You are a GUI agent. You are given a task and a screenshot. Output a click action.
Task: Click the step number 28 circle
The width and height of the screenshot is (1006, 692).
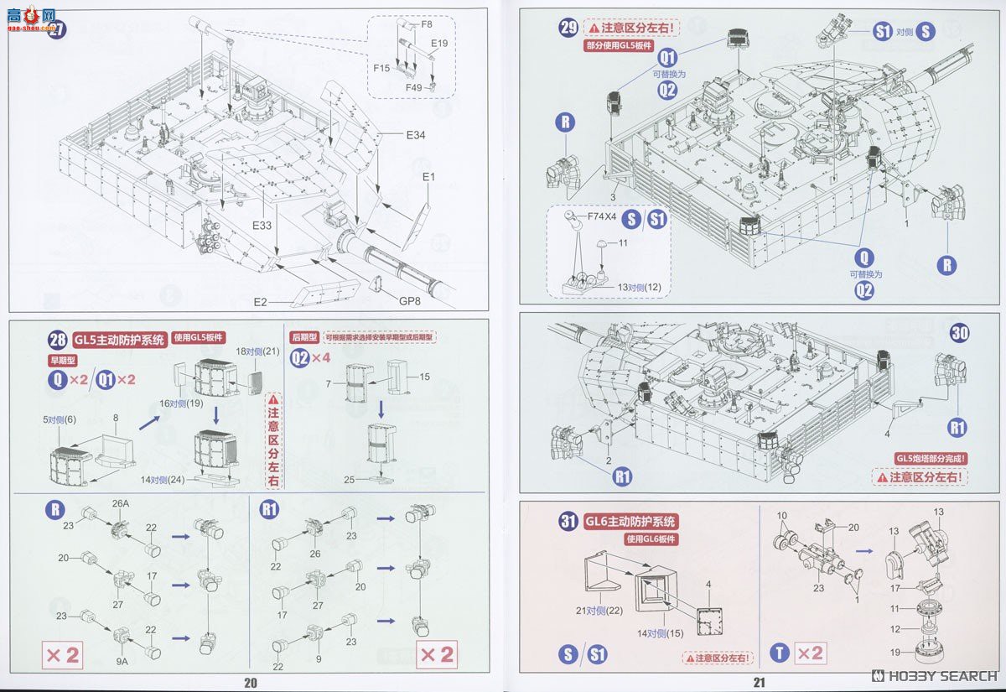(58, 340)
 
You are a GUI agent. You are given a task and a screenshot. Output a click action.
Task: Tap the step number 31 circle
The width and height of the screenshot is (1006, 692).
(568, 521)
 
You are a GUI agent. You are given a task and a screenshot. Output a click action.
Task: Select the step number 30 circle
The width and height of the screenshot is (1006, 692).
(960, 333)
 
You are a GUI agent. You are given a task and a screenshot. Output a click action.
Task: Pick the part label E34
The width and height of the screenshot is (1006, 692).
(416, 134)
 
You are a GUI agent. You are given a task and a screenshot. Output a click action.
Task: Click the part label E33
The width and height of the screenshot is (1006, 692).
(263, 226)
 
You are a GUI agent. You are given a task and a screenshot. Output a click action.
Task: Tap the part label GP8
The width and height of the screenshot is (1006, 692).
(410, 301)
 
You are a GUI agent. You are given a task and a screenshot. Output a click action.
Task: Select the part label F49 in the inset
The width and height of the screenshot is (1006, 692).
(414, 86)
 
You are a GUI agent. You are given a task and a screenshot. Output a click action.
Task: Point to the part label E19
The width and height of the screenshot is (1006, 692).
(439, 43)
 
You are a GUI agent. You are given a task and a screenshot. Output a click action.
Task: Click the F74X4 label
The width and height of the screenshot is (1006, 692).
(602, 216)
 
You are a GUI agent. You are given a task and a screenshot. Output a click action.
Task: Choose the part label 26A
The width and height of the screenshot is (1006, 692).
(120, 503)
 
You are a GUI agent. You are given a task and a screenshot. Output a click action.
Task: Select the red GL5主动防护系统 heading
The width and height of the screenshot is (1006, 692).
(119, 340)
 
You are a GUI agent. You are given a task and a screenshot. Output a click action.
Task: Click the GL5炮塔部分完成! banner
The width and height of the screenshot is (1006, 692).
(931, 458)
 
